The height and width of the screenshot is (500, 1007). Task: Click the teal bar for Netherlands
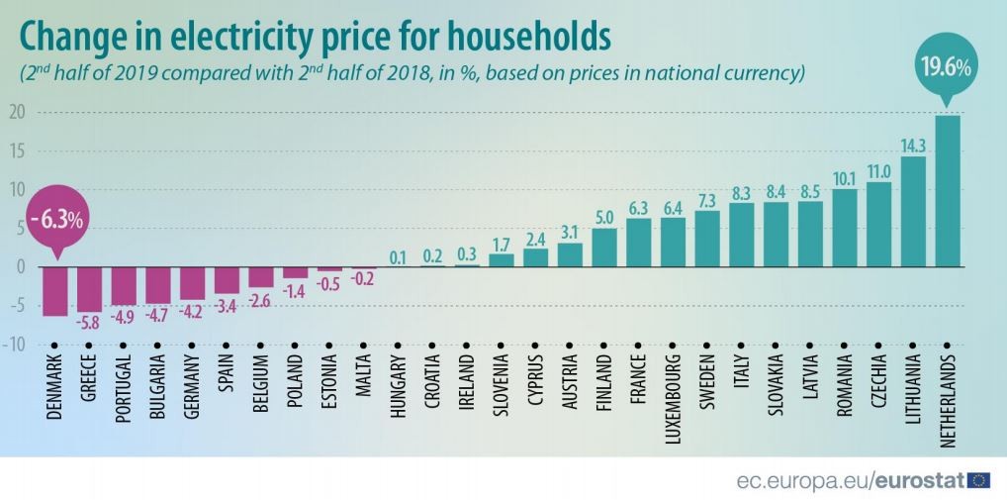coord(947,191)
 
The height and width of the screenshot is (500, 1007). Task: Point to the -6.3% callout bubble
coord(54,217)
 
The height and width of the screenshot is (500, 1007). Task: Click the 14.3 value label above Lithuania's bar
coord(913,145)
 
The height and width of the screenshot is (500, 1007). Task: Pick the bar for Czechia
coord(878,225)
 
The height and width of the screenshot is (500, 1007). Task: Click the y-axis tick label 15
coord(16,150)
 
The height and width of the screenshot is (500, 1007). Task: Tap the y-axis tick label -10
coord(14,344)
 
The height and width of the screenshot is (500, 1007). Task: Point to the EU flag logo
coord(979,480)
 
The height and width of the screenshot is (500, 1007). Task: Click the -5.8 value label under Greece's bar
coord(89,323)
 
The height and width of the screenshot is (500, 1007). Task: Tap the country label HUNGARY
coord(398,390)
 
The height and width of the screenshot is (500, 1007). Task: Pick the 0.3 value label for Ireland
coord(467,254)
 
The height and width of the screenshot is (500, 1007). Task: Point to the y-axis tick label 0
coord(19,266)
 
